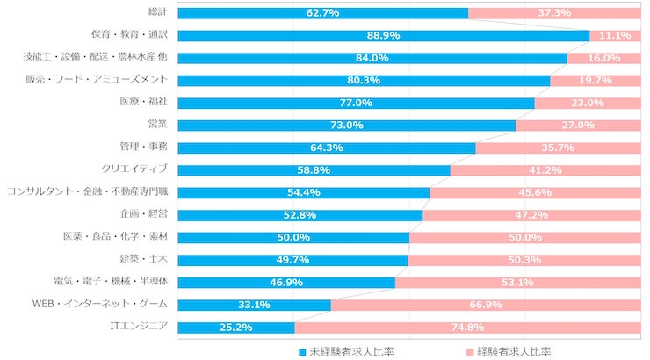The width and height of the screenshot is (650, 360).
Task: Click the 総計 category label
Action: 157,12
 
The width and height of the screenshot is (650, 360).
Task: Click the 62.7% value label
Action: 323,13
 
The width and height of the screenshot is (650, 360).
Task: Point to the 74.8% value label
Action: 467,328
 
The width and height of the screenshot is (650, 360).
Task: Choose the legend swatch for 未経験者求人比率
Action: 303,351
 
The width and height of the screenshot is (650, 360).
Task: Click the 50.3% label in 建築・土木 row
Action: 524,260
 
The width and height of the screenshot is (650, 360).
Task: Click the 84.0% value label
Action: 372,58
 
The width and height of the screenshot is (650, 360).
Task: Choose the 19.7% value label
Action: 596,80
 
